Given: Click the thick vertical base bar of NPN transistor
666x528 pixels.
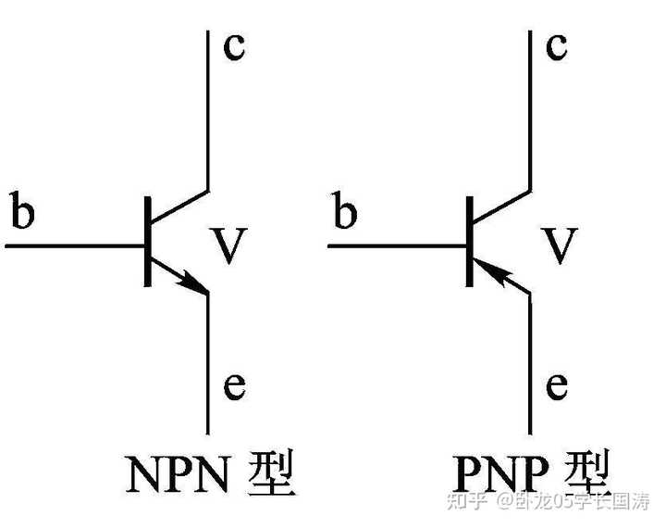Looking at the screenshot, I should [x=148, y=243].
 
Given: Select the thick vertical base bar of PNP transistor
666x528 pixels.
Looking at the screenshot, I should [x=471, y=243].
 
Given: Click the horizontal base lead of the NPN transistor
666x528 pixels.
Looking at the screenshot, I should [x=74, y=246].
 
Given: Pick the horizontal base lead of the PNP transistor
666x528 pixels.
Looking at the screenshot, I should [x=398, y=246].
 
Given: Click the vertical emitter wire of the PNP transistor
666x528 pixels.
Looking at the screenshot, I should [x=530, y=371].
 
